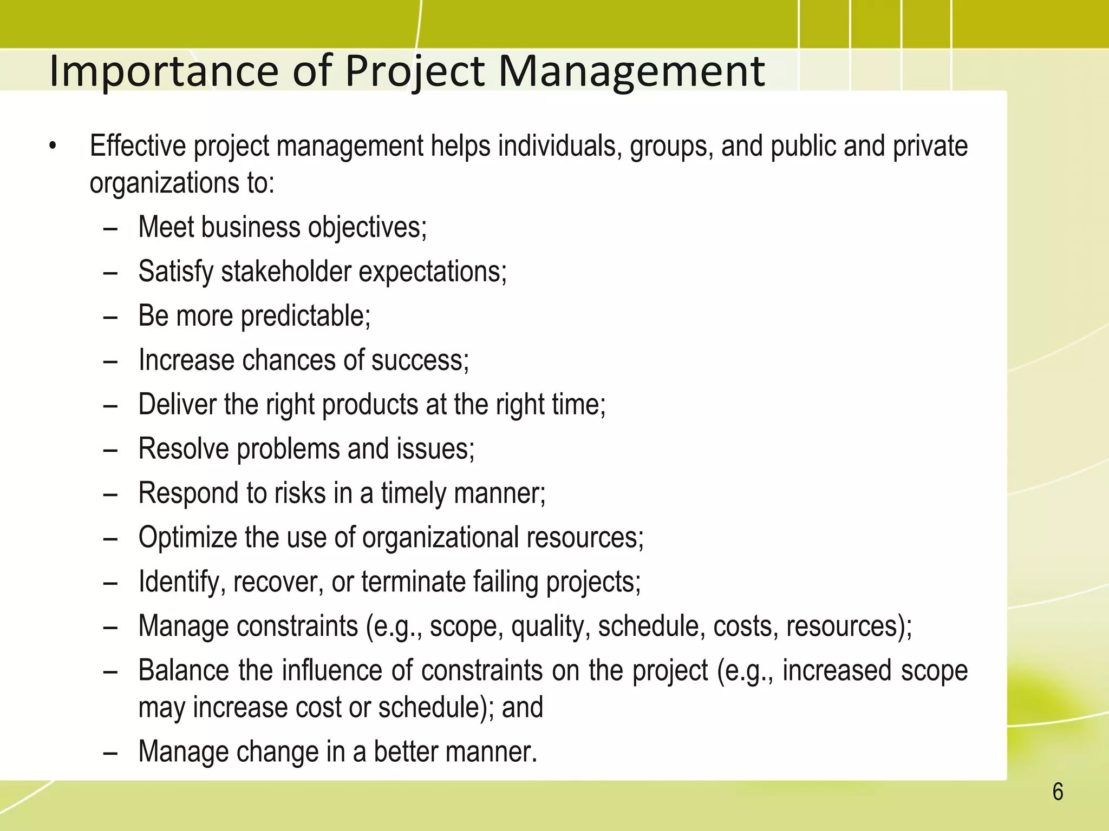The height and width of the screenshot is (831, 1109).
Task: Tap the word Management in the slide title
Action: click(x=631, y=71)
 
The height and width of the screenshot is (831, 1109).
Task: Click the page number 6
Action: click(x=1057, y=792)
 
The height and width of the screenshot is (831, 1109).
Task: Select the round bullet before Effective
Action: click(x=52, y=147)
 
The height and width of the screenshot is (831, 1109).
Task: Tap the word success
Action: click(x=419, y=360)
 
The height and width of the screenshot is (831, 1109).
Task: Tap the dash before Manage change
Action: click(x=110, y=753)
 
